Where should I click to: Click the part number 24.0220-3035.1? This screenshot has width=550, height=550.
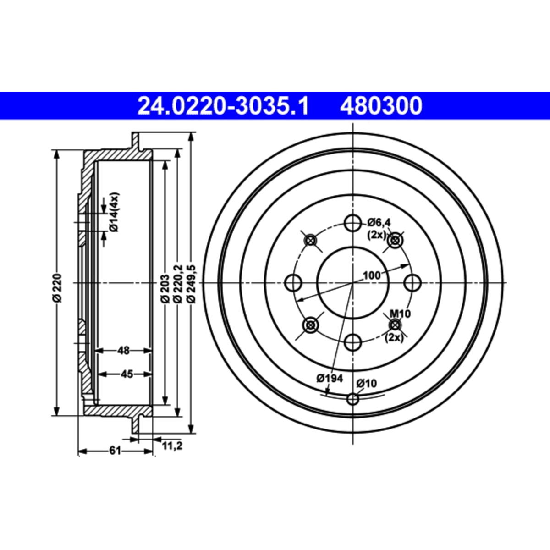coord(223,106)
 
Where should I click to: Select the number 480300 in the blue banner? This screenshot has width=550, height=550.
coord(381,106)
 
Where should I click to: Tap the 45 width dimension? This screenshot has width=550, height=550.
coord(126,374)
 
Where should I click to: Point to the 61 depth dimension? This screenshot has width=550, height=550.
coord(115,451)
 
